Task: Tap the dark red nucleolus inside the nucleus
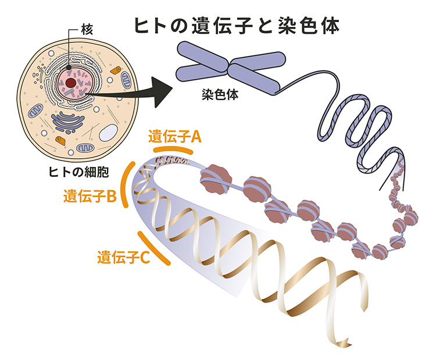click(x=70, y=83)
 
